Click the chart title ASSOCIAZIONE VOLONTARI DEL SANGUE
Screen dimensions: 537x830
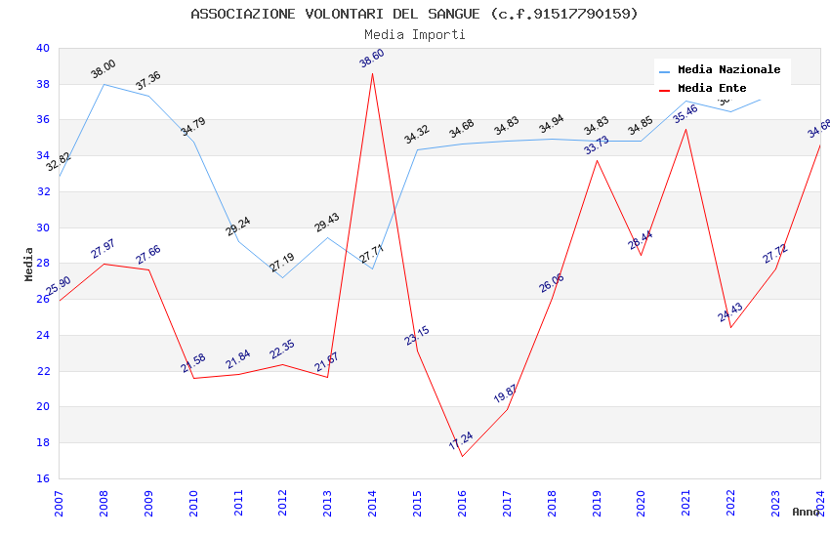click(x=414, y=14)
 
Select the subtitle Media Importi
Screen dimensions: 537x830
click(x=414, y=35)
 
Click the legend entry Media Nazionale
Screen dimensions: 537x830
click(x=728, y=70)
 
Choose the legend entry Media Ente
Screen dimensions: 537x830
click(x=712, y=89)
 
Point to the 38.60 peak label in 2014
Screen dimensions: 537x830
click(x=372, y=59)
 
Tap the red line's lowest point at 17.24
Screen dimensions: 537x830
click(x=462, y=456)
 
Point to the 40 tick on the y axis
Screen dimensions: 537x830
click(x=41, y=48)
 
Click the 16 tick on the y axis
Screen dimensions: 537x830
click(x=41, y=478)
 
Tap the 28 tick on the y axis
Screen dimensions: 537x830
click(x=41, y=264)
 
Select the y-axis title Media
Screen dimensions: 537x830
click(x=29, y=264)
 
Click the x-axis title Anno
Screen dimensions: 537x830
click(x=806, y=512)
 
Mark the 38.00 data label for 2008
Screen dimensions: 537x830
click(x=104, y=69)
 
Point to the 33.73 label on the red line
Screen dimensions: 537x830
click(x=597, y=145)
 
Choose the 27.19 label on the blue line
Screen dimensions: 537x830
click(x=282, y=263)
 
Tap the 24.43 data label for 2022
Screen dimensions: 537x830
click(x=730, y=312)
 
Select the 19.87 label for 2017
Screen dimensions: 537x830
click(x=506, y=394)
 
